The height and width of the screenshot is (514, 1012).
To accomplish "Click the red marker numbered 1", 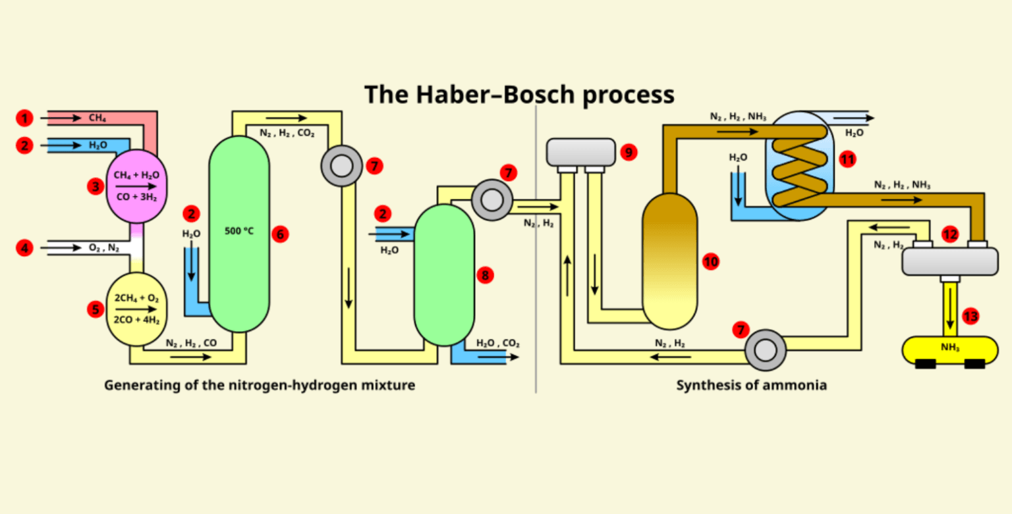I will (24, 118).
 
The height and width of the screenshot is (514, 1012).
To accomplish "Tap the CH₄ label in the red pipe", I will (98, 118).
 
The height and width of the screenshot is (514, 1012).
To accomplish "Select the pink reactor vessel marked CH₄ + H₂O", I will (136, 186).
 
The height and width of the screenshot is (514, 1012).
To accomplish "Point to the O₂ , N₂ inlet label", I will (103, 248).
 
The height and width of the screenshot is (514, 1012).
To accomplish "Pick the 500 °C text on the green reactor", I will (239, 231).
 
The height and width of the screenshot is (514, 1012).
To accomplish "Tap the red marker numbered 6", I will (279, 234).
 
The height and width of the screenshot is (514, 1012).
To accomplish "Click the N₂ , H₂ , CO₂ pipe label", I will (287, 133).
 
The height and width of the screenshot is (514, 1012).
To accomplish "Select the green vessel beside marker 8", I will (444, 275).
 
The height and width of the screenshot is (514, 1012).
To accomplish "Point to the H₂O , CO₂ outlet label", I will (497, 343).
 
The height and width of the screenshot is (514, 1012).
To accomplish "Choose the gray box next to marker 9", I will (580, 152).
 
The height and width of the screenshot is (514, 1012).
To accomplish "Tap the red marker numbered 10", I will (710, 262).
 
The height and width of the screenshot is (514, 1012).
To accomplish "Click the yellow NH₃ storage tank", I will (949, 349).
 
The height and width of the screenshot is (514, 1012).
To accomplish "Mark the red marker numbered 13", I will (970, 316).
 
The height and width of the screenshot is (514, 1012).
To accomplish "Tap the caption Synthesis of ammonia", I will (751, 385).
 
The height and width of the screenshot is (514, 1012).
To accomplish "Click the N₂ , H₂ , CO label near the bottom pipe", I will (191, 343).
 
